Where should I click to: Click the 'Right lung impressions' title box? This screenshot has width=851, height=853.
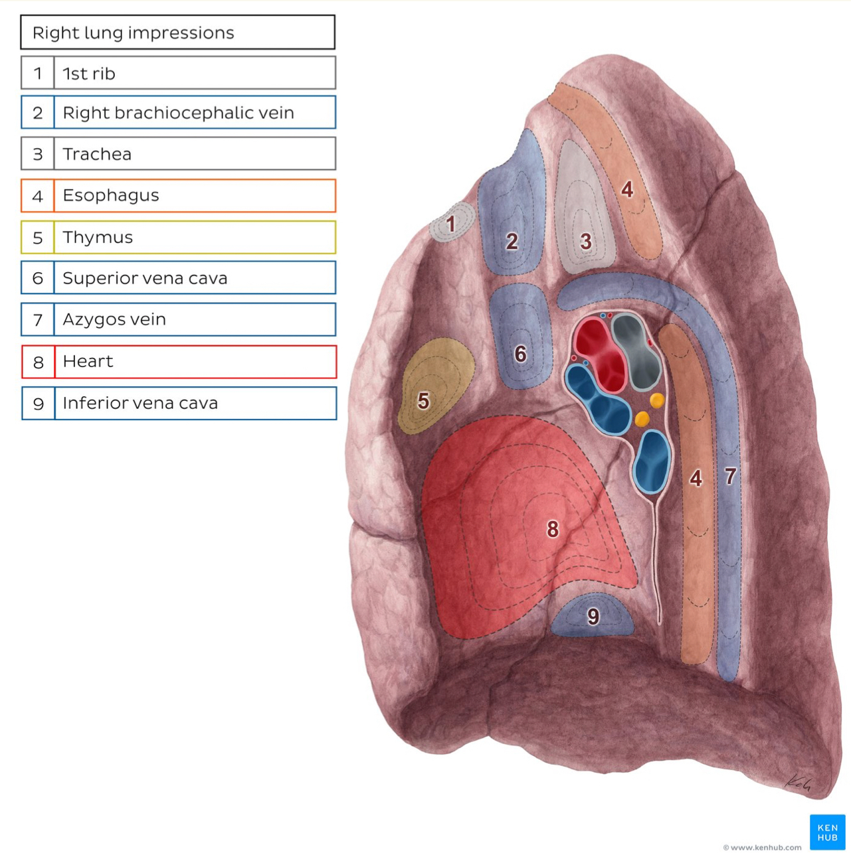point(177,33)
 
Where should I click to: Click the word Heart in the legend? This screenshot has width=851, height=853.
point(88,361)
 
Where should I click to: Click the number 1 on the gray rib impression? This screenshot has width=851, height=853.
point(451,224)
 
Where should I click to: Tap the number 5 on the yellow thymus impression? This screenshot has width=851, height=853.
point(423,400)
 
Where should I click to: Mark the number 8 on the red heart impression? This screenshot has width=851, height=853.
point(552,529)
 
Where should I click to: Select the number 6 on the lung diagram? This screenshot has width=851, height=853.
point(520,354)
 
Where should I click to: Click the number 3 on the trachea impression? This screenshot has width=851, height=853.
point(585,241)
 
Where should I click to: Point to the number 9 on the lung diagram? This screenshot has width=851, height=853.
point(593,617)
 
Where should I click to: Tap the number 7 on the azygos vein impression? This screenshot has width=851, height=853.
point(730,476)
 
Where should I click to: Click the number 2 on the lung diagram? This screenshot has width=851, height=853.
point(511,241)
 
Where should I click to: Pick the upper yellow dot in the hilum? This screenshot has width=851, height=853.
point(656,400)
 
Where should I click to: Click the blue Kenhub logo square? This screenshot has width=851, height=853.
point(827,832)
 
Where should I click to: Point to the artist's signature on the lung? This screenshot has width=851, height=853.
point(798,784)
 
